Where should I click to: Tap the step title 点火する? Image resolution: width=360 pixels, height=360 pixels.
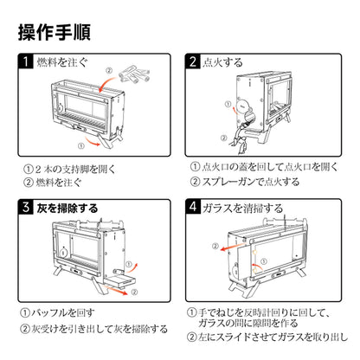click(218, 62)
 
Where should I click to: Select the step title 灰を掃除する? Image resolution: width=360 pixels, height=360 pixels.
click(71, 208)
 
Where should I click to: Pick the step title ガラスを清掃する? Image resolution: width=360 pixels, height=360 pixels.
click(235, 208)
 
